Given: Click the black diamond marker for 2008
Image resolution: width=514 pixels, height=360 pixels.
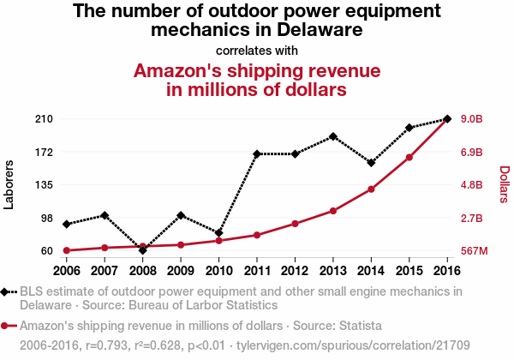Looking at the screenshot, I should pos(142,249).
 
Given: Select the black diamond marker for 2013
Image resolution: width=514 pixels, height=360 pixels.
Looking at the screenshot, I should pos(333,136).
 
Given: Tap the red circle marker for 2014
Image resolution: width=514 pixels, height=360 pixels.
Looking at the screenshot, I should pos(371,189).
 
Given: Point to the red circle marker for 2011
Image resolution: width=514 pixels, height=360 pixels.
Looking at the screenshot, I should pos(257,235).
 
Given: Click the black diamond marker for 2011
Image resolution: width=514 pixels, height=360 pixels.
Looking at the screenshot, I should pos(257,154).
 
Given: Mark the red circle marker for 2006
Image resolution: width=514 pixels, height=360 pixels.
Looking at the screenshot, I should pos(67,250).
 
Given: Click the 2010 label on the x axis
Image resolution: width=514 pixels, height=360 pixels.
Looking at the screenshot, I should pos(218,271).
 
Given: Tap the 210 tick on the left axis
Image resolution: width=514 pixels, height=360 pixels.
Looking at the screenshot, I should pos(44,118).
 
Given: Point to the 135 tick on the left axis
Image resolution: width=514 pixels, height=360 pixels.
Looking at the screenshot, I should pos(44,185).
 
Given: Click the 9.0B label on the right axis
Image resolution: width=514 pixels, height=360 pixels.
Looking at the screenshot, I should pos(473,118).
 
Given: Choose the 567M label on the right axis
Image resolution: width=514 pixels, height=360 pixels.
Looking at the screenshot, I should pos(474,251).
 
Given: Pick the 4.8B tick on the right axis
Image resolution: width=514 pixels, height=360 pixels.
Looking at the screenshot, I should pos(473,185).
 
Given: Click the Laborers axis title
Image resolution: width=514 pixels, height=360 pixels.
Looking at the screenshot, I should pos(9,184).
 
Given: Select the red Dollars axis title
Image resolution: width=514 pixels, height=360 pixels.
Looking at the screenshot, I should pos(504,184).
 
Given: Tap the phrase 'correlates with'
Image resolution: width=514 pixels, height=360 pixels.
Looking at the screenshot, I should pos(256,50).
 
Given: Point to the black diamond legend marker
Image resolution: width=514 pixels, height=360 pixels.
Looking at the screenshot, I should pos(7,291).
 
